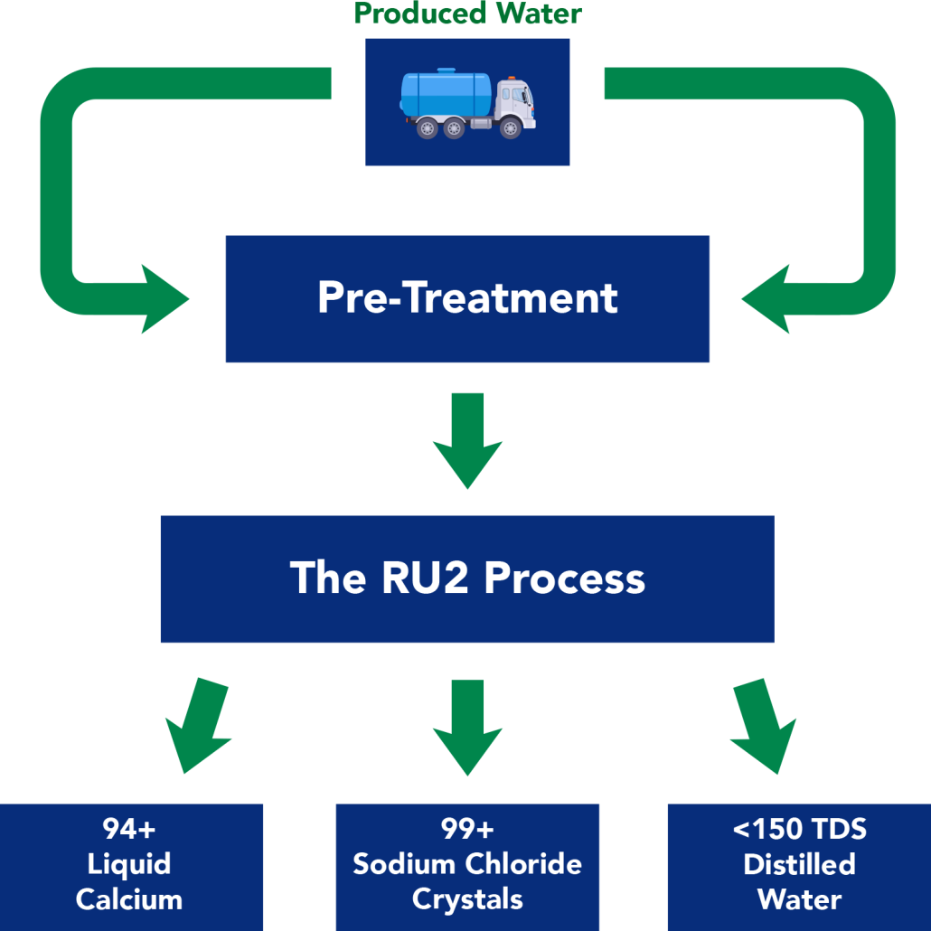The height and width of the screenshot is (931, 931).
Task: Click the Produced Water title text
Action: click(x=467, y=14)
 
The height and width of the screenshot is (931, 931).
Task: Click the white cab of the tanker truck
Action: click(x=516, y=104)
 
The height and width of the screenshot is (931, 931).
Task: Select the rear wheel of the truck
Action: click(x=428, y=128)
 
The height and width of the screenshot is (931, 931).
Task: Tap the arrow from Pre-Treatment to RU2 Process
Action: click(x=467, y=443)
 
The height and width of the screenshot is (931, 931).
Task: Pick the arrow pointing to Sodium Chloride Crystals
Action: click(x=467, y=728)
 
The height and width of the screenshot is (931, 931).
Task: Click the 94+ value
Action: click(x=129, y=829)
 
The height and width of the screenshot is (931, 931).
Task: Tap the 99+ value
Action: click(x=467, y=829)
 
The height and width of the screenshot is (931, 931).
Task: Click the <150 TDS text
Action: click(x=799, y=829)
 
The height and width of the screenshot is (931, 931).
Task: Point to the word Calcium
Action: click(x=129, y=899)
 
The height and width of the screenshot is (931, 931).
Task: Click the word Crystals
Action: click(x=467, y=899)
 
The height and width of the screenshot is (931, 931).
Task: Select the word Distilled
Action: click(x=799, y=864)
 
